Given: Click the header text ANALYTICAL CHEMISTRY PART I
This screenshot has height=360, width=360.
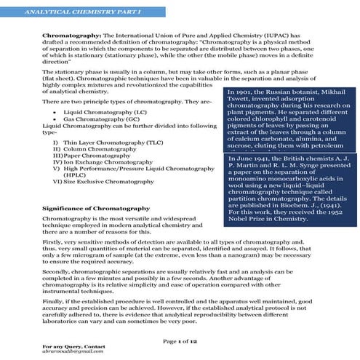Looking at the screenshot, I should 55,12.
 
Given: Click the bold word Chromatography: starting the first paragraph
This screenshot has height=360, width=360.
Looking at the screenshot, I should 68,35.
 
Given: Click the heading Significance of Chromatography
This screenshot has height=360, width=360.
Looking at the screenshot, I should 96,209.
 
